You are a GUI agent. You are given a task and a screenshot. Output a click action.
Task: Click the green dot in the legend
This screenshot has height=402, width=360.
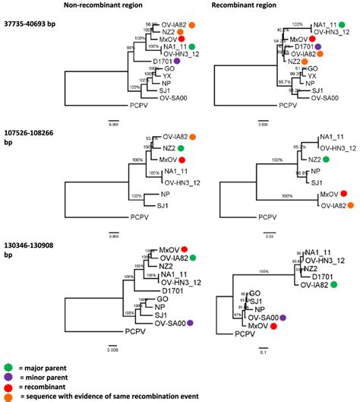pos(8,366)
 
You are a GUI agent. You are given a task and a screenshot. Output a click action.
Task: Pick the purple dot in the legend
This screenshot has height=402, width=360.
pos(8,376)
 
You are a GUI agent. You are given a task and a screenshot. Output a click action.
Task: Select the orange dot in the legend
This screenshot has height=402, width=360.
pos(8,396)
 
